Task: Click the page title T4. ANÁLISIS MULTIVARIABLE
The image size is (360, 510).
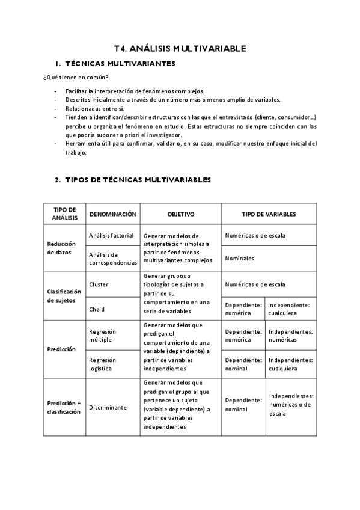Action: tap(180, 49)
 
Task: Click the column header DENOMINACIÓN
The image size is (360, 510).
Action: tap(113, 214)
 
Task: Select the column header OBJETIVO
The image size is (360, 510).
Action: tap(181, 214)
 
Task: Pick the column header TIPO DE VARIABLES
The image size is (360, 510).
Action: tap(269, 214)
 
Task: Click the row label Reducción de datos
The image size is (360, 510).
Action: tap(63, 248)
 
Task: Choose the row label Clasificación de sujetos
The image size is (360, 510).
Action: tap(64, 295)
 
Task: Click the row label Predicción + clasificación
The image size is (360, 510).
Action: tap(64, 407)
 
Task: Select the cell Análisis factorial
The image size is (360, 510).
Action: tap(111, 235)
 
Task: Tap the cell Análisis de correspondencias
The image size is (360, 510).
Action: tap(113, 259)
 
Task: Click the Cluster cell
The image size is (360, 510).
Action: tap(99, 284)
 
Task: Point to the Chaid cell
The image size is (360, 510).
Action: tap(97, 309)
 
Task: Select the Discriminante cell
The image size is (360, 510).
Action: tap(108, 407)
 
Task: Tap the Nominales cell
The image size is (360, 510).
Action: tap(240, 259)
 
